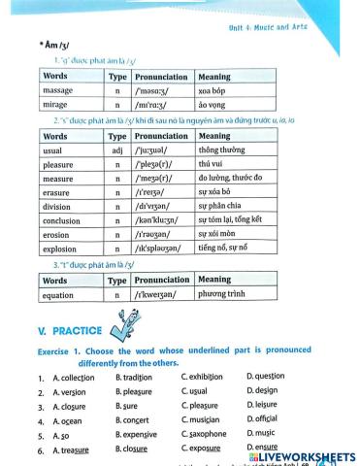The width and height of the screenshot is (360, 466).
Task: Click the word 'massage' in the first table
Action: pyautogui.click(x=59, y=90)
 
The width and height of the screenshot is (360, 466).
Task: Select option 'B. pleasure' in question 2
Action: pyautogui.click(x=136, y=392)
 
